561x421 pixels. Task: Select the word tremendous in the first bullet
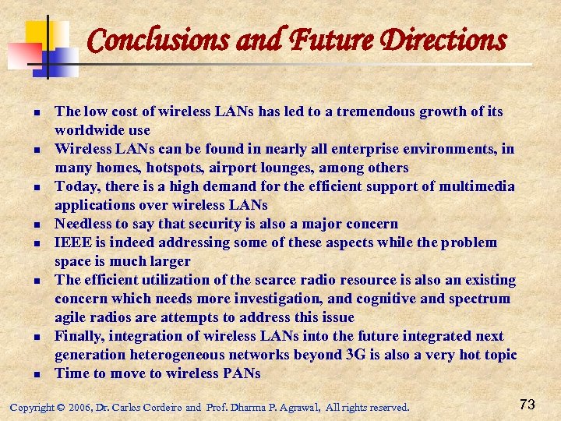tap(373, 111)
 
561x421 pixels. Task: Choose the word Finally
tap(80, 336)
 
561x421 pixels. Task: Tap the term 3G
tap(355, 355)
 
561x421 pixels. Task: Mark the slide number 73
tap(527, 404)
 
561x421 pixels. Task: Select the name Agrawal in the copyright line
tap(298, 407)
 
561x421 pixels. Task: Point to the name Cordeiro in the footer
tap(160, 407)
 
